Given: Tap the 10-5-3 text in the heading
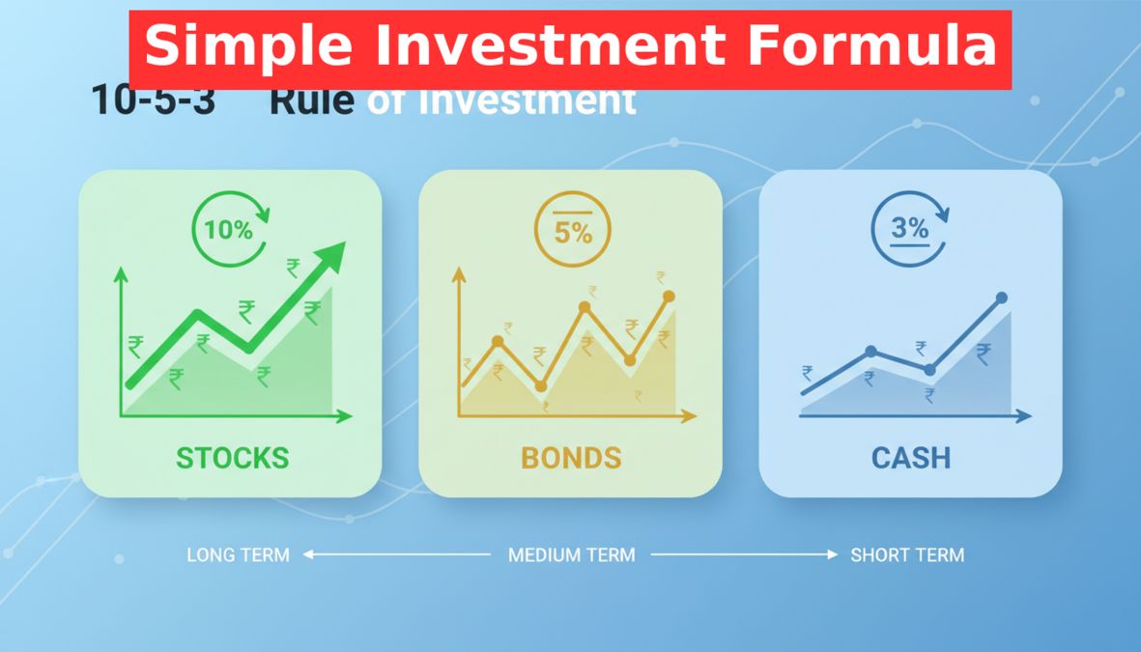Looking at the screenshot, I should point(154,100).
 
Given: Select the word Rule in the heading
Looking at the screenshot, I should point(311,100).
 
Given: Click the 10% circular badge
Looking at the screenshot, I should point(230,230).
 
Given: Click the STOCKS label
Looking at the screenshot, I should point(232,457).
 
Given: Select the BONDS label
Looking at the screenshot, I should point(571,457).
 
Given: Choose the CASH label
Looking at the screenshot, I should point(911,457).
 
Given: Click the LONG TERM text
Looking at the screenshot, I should point(238,555).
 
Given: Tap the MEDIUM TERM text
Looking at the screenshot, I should point(572,555).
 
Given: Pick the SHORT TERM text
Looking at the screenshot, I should point(907,555).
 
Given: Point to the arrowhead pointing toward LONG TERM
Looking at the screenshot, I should point(309,554).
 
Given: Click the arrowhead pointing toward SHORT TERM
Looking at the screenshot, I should point(833,554).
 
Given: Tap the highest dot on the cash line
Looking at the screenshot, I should point(1002,298).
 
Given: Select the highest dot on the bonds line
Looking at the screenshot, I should point(669,297).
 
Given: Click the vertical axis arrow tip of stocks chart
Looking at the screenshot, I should point(121,273).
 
